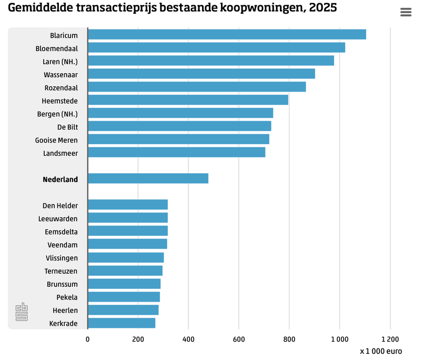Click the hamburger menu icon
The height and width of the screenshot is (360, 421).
click(406, 12)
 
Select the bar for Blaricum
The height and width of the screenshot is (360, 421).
click(226, 35)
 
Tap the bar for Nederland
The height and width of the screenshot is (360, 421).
click(148, 178)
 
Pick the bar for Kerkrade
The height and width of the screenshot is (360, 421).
click(122, 323)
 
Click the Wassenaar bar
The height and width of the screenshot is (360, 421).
click(201, 74)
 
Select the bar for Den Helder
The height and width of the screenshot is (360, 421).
click(128, 205)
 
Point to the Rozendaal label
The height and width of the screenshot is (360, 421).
click(61, 87)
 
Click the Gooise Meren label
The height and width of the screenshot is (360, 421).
click(56, 140)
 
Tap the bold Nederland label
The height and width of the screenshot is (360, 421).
click(60, 179)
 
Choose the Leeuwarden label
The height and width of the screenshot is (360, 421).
click(58, 218)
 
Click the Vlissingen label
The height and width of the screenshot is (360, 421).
click(62, 258)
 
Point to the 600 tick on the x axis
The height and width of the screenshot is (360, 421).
click(238, 339)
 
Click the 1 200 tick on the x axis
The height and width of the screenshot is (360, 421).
click(390, 339)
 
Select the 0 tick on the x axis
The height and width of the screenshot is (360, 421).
click(88, 339)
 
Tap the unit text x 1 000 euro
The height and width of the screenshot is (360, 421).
click(381, 351)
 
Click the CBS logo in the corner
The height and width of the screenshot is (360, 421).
click(22, 312)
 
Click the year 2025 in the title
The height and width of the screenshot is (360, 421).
click(323, 8)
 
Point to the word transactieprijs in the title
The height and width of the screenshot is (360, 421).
click(112, 8)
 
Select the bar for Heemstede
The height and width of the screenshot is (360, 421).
click(188, 100)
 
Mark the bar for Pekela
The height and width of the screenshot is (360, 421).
click(124, 297)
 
